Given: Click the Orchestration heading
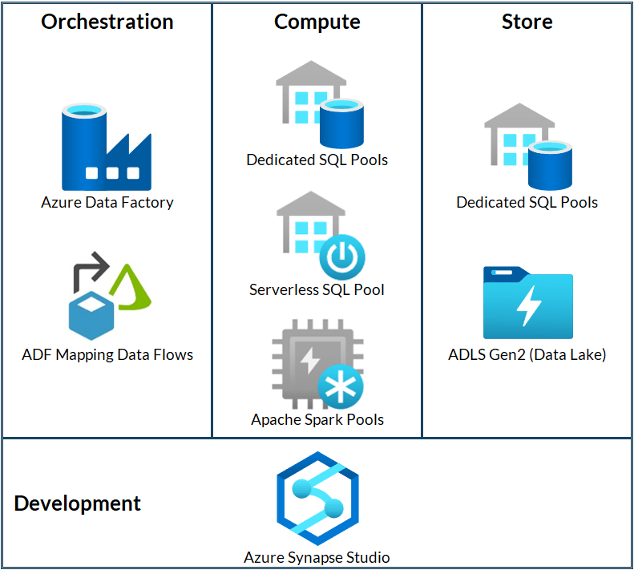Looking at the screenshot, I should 107,22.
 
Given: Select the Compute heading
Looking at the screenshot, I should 317,22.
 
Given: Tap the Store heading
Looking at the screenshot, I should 527,22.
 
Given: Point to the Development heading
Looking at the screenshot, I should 78,503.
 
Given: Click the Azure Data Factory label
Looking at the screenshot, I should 107,203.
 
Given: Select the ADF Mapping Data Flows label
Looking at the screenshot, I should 107,354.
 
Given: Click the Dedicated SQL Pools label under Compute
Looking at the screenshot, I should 317,160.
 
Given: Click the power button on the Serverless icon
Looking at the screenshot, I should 342,257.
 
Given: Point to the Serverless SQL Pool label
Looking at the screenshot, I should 317,289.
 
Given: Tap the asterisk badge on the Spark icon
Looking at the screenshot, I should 341,387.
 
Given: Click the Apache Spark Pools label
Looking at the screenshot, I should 317,419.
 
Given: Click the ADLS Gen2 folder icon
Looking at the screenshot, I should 527,302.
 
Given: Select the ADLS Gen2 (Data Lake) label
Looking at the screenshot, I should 527,354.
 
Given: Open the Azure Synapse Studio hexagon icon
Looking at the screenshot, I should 317,499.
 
